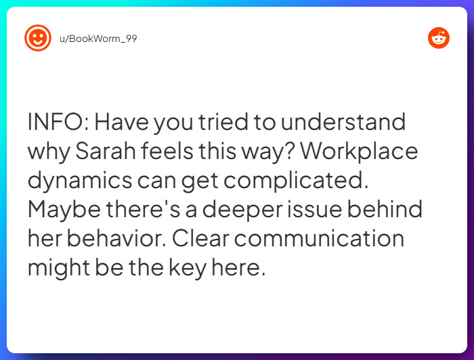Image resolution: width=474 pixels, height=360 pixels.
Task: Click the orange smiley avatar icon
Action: (38, 38)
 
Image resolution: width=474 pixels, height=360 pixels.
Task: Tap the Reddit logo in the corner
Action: (439, 38)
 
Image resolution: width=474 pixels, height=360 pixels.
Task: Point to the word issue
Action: (329, 209)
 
